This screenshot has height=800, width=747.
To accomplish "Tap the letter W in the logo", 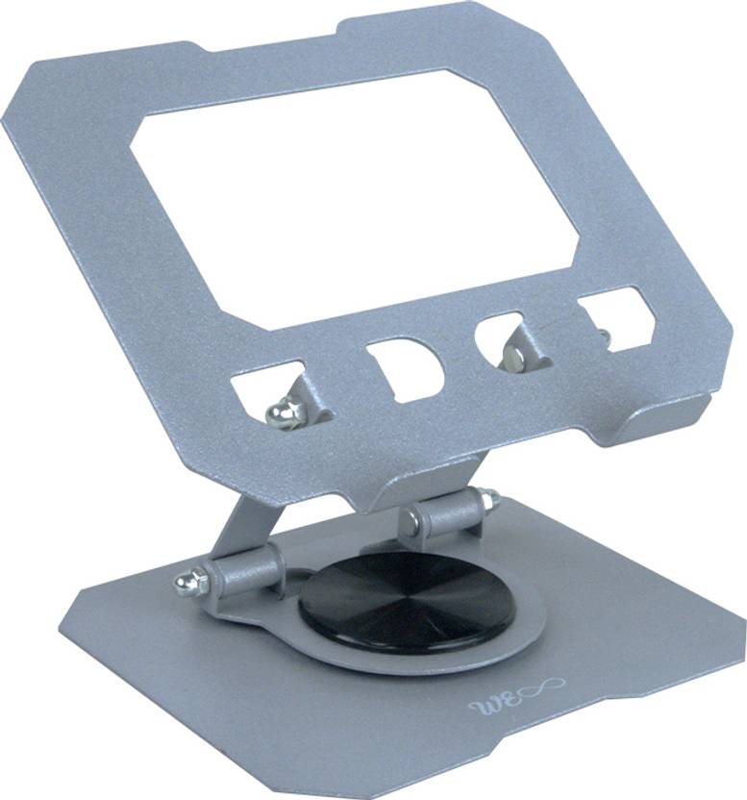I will coord(482,707).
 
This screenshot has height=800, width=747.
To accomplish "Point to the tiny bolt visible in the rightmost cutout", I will coord(603,336).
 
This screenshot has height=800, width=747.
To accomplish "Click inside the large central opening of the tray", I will coord(356,192).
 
